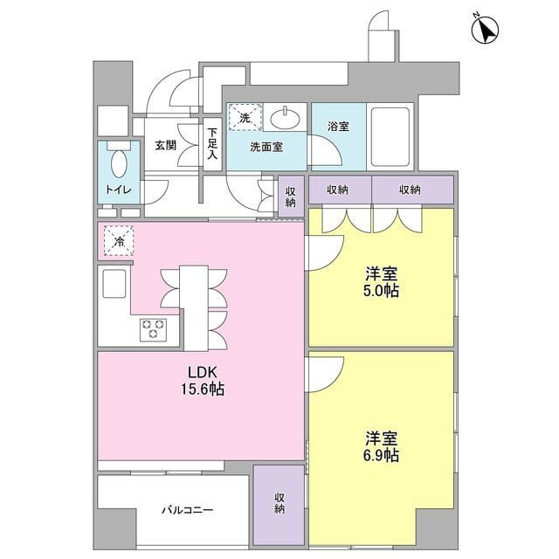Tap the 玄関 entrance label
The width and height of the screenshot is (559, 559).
166,145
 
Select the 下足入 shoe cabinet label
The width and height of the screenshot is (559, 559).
212,145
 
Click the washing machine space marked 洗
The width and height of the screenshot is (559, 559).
244,117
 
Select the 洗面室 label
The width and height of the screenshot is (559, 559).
266,147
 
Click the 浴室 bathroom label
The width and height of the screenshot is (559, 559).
338,127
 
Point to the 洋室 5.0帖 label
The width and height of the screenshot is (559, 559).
382,280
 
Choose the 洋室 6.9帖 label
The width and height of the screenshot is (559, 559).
382,447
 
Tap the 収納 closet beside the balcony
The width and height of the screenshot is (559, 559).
279,502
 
